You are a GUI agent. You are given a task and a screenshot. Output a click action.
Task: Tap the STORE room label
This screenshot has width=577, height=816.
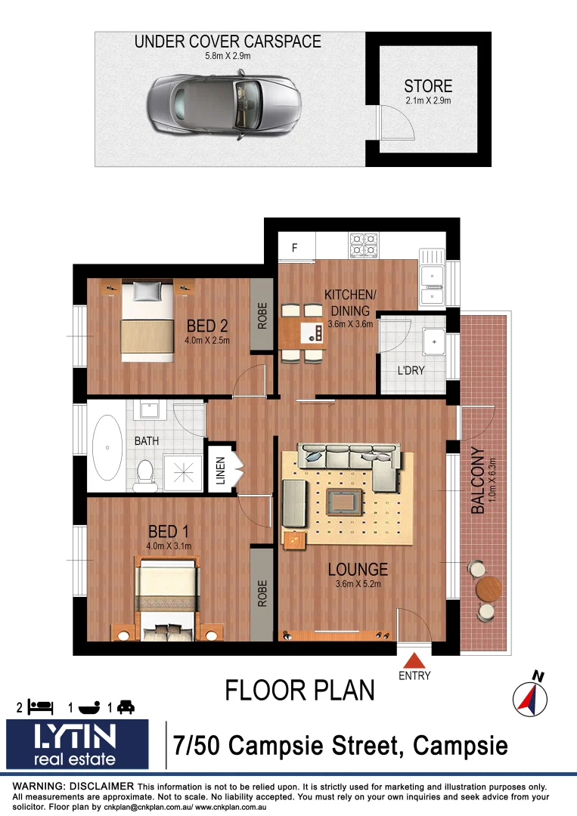[427, 86]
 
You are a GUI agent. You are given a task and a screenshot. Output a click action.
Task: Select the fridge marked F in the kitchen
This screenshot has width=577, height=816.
[295, 247]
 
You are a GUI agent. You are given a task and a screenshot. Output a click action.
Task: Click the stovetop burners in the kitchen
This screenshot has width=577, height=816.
[363, 246]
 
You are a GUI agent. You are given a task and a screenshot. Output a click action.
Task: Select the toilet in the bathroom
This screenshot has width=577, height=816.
[145, 471]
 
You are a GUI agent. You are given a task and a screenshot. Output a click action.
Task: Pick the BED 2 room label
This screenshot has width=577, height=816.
[207, 326]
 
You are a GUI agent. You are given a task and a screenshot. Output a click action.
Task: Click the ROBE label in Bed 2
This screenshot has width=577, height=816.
[262, 317]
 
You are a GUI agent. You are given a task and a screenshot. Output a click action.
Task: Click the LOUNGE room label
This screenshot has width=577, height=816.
[358, 570]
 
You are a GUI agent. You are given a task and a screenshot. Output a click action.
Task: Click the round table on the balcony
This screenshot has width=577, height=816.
[489, 587]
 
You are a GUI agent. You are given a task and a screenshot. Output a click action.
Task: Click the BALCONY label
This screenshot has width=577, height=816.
[477, 481]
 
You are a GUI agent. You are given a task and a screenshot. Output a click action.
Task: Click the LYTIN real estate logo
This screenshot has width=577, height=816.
[77, 743]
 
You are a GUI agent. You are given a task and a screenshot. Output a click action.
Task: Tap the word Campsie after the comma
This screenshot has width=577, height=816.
[461, 746]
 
